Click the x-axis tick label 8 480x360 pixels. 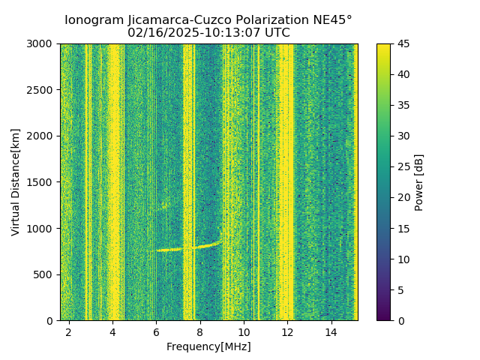(199, 332)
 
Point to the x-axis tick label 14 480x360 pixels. (331, 332)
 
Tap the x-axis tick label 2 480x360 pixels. (68, 332)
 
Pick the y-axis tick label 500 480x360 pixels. (46, 274)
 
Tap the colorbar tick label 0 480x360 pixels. (399, 320)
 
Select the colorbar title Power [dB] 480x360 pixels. (419, 182)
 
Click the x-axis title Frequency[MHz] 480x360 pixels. (208, 346)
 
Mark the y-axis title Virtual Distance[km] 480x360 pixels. (16, 182)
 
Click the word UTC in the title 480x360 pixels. (277, 33)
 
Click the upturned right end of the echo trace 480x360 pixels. (219, 241)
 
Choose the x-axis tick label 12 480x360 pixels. (287, 332)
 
